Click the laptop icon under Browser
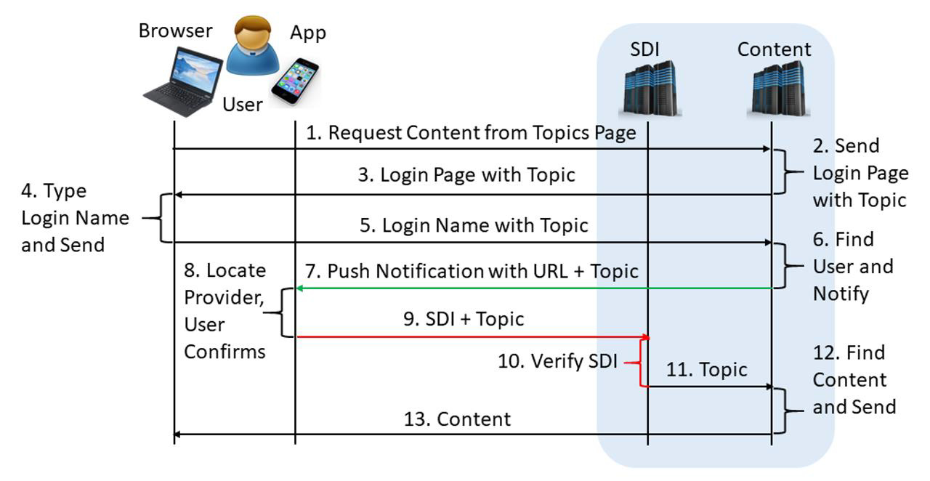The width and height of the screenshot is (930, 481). click(182, 81)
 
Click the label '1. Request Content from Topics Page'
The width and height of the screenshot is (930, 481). click(471, 133)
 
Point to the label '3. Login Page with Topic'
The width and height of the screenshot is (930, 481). click(477, 175)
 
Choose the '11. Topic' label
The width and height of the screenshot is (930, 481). click(706, 370)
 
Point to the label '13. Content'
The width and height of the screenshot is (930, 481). click(457, 419)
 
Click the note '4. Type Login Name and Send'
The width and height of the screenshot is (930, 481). click(74, 218)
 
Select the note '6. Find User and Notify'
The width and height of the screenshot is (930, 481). click(852, 267)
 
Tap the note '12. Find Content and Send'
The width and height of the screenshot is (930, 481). click(853, 379)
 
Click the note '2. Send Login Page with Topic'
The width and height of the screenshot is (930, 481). click(860, 173)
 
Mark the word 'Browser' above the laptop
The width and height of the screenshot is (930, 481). click(175, 31)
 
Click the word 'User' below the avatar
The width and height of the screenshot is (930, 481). click(242, 105)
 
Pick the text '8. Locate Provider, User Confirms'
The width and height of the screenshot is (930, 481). click(225, 311)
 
